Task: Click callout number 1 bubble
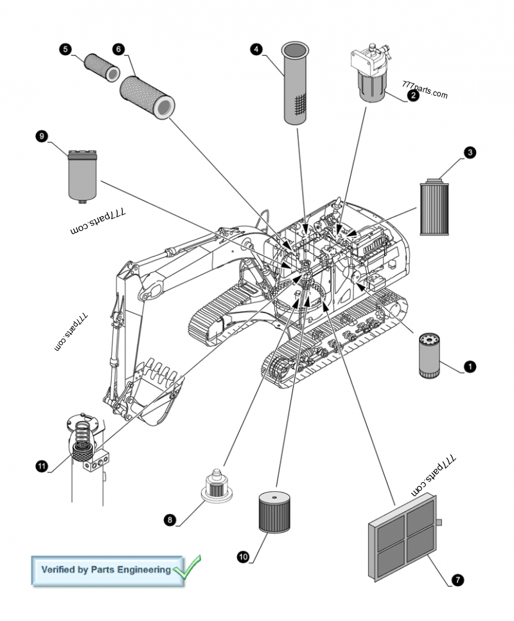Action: pyautogui.click(x=470, y=366)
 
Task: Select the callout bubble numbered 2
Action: pyautogui.click(x=412, y=95)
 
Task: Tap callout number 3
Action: pyautogui.click(x=470, y=152)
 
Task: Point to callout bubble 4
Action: pyautogui.click(x=256, y=49)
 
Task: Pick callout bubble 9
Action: pyautogui.click(x=42, y=136)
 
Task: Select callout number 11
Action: pyautogui.click(x=42, y=466)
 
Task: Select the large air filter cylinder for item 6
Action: pyautogui.click(x=147, y=97)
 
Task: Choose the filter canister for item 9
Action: pyautogui.click(x=83, y=175)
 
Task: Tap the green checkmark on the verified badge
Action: pyautogui.click(x=187, y=568)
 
